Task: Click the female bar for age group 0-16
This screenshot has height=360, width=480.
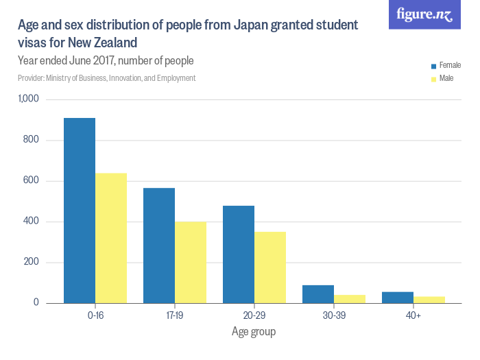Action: point(80,211)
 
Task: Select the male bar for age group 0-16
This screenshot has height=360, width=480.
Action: point(111,238)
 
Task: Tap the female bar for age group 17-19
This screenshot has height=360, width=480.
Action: point(159,245)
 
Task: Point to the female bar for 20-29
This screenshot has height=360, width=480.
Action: point(239,254)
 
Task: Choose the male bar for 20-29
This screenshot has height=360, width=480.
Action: point(270,267)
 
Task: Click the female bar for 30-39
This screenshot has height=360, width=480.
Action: point(318,294)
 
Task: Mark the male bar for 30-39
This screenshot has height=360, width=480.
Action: point(350,299)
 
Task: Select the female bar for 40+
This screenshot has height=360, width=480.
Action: point(398,298)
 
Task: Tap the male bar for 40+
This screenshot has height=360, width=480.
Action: point(429,300)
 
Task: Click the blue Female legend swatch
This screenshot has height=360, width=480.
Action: point(433,67)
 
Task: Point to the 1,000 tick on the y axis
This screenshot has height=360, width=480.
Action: point(31,100)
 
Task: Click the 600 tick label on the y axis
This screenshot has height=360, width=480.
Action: point(34,181)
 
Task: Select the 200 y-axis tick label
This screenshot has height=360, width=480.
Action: point(34,263)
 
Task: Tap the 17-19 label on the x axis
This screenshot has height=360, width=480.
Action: point(175,316)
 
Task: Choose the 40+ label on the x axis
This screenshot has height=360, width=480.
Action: point(413,316)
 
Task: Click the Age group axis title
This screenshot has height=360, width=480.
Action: point(254,333)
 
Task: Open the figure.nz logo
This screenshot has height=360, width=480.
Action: point(424,14)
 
